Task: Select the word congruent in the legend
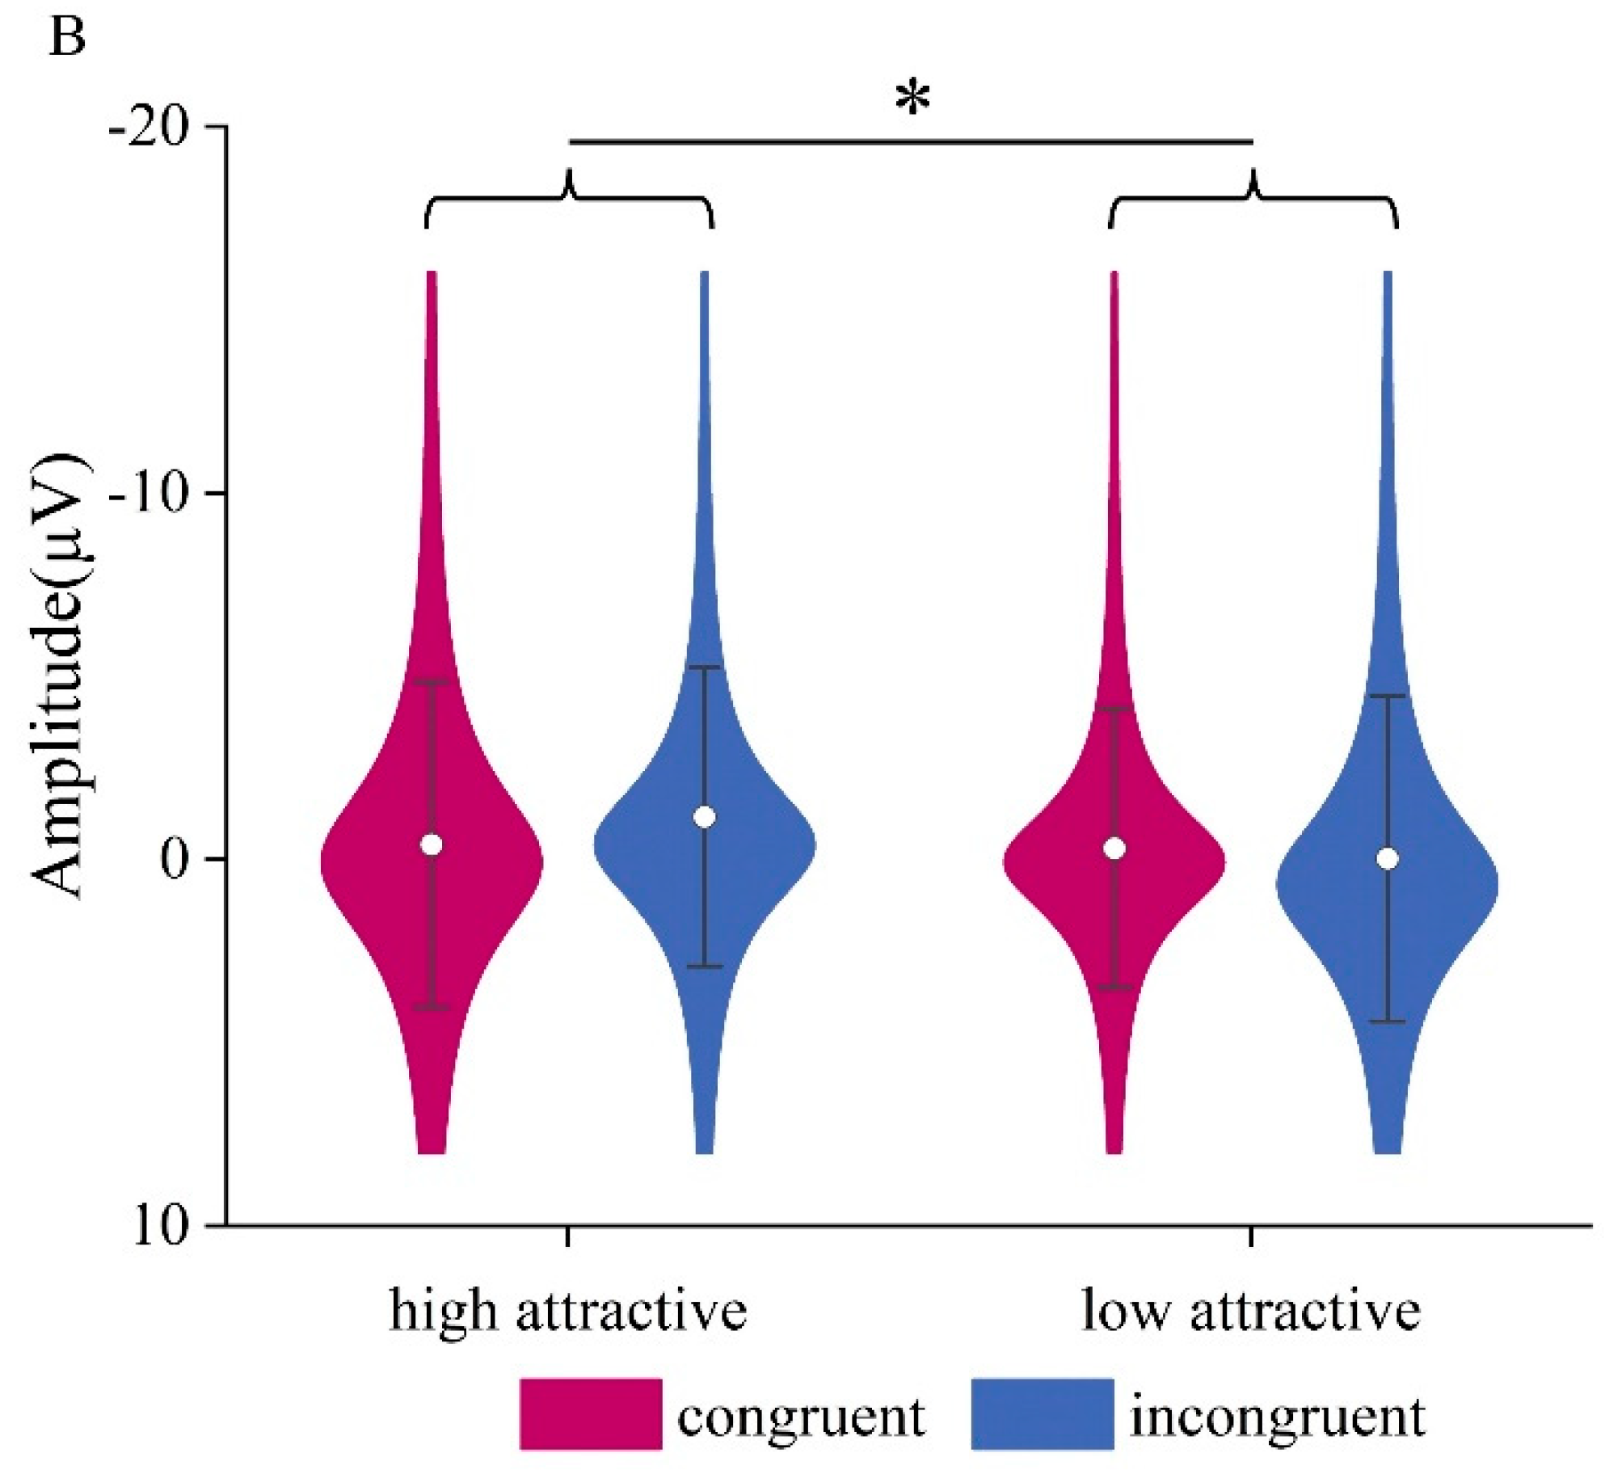coord(800,1417)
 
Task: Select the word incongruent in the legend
coord(1277,1417)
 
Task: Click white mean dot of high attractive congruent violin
coord(432,845)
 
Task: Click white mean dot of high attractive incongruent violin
coord(705,817)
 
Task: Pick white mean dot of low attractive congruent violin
coord(1114,849)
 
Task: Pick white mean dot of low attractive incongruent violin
coord(1388,859)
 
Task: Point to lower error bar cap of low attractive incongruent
coord(1388,1021)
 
